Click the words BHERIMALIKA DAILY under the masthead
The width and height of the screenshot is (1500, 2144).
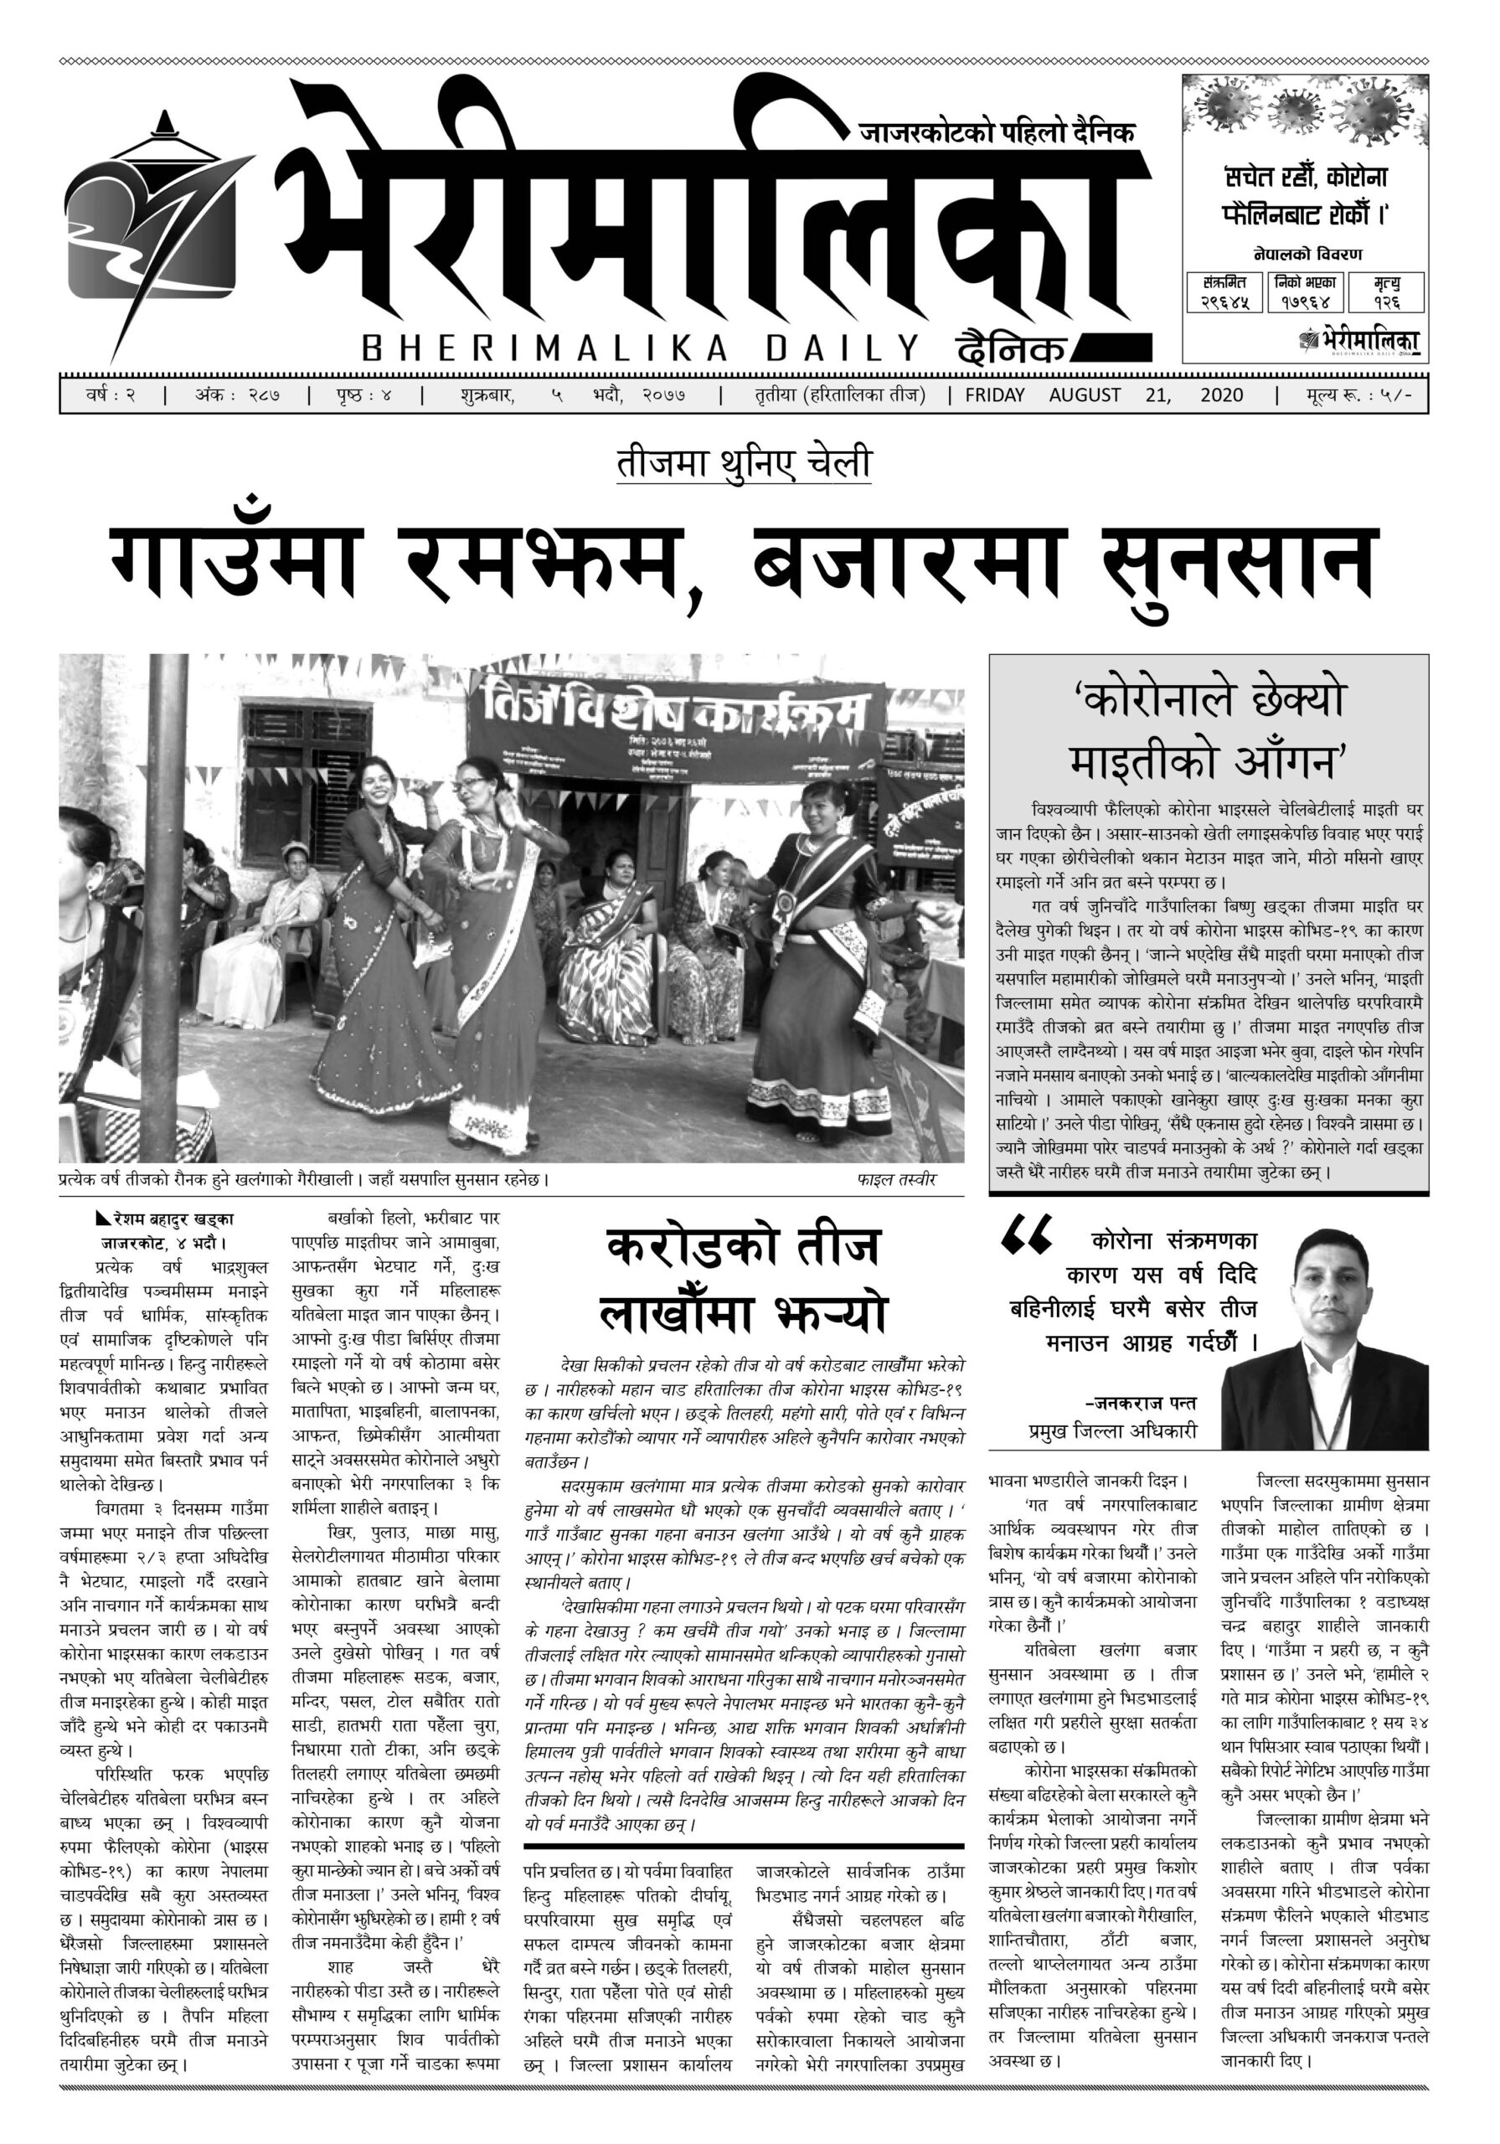(640, 348)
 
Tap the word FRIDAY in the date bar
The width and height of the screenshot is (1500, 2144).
(995, 395)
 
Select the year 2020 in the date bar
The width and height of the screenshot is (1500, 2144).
(1222, 395)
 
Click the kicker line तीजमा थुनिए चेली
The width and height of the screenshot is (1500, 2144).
(744, 464)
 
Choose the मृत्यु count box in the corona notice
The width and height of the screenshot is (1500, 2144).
(1386, 292)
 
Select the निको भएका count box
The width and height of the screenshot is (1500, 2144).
(1305, 292)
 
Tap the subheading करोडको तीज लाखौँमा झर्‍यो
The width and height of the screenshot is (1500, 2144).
(744, 1281)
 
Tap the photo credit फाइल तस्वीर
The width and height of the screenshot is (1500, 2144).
(895, 1180)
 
